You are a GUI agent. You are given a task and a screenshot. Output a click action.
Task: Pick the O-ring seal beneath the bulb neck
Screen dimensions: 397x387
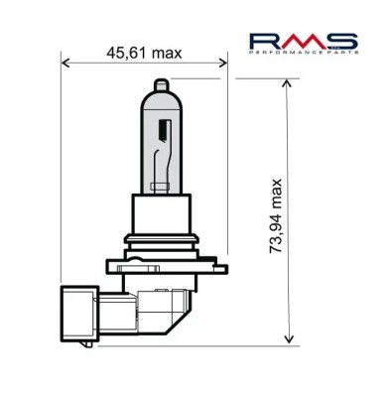point(162,242)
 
